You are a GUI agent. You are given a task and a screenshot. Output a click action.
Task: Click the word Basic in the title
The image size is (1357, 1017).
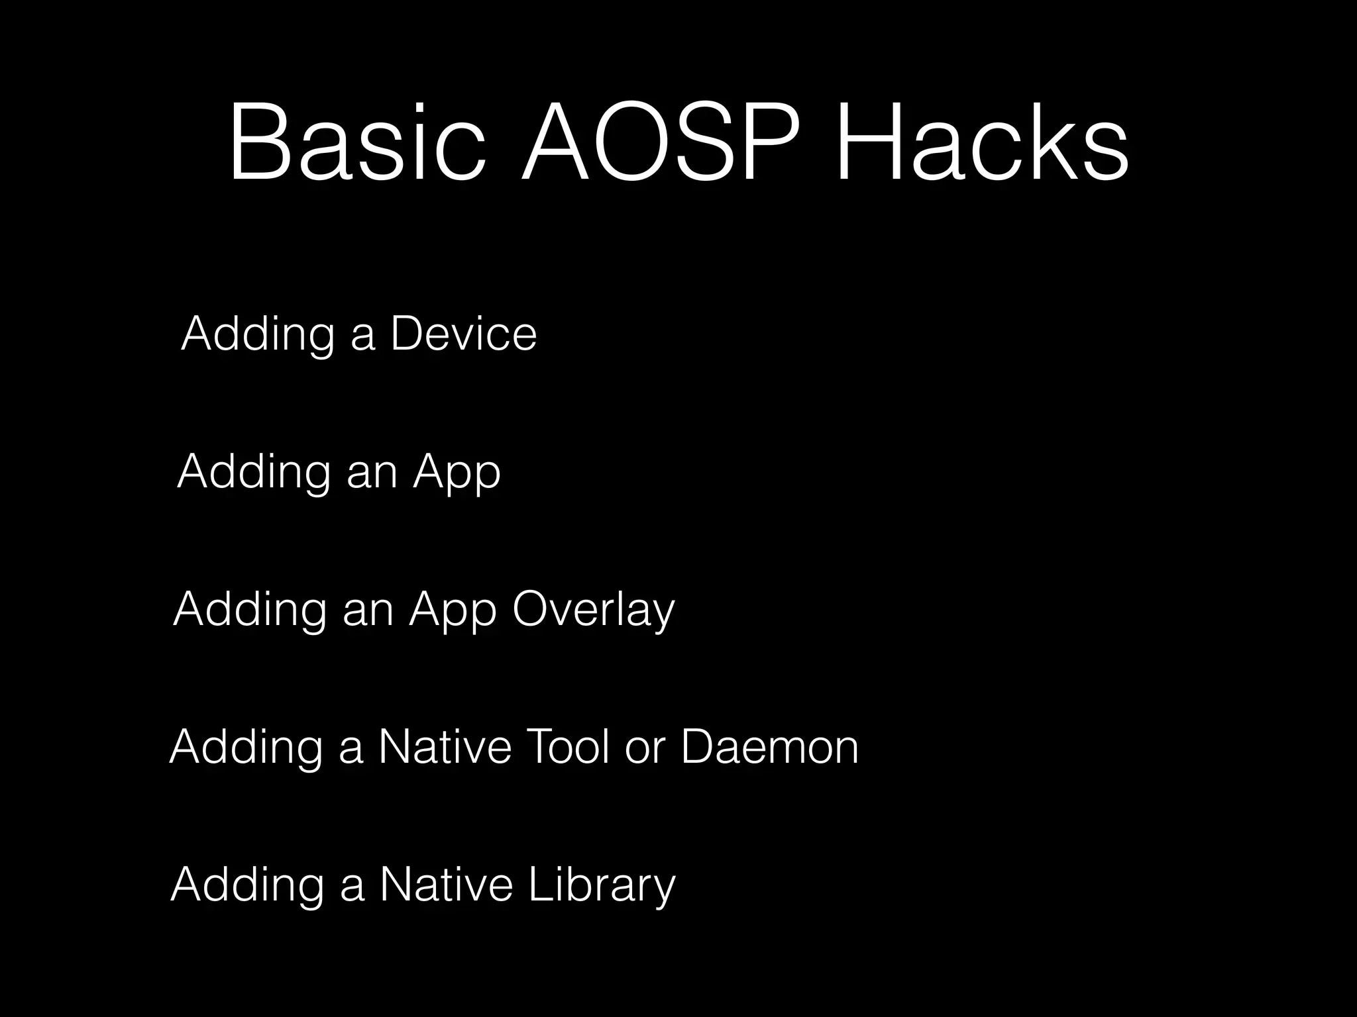358,142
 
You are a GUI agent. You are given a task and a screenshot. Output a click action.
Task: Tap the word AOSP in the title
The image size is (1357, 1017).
669,142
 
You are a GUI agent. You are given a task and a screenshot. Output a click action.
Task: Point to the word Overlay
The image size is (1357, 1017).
593,610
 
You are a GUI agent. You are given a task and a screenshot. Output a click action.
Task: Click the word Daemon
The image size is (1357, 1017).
769,747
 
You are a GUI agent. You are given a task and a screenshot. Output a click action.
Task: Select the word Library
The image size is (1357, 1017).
602,885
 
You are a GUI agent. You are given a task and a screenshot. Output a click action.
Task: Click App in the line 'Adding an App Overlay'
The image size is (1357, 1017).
453,610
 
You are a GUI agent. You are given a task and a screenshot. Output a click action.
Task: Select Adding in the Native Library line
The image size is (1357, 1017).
247,885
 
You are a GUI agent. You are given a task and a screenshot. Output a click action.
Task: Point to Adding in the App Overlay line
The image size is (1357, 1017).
250,610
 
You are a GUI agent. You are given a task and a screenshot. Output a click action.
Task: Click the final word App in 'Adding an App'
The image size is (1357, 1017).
457,473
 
